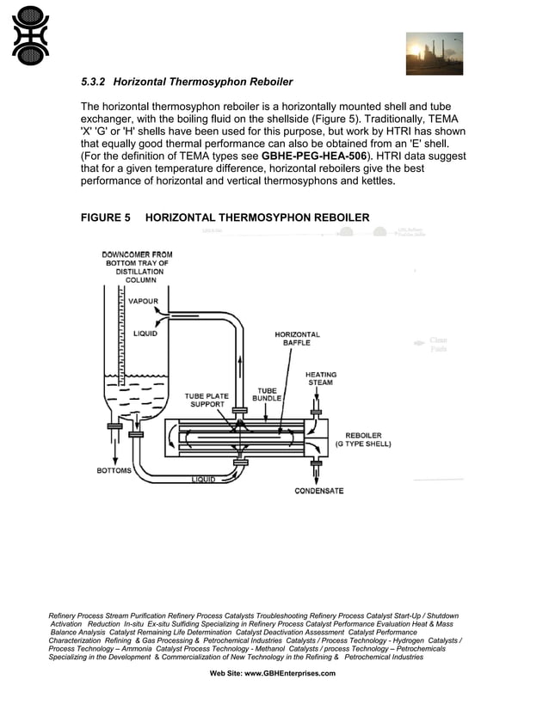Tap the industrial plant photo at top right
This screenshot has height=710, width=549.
click(434, 53)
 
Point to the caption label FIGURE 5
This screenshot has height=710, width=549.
click(105, 217)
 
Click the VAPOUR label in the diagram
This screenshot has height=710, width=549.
click(143, 302)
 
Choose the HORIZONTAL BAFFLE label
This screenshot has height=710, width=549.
click(297, 339)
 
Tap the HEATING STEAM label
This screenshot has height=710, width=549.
click(320, 379)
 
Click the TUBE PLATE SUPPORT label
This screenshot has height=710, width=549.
click(207, 401)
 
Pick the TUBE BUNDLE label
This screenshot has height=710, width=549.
click(267, 395)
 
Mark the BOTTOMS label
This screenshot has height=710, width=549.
click(114, 471)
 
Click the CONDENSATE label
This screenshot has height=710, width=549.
click(318, 491)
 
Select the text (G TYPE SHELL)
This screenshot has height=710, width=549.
click(363, 444)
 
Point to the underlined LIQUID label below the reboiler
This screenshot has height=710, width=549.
click(203, 479)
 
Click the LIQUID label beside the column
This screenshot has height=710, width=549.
click(145, 334)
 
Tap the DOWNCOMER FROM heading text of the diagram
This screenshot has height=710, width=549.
click(137, 255)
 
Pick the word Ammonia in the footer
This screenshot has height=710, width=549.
click(138, 649)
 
